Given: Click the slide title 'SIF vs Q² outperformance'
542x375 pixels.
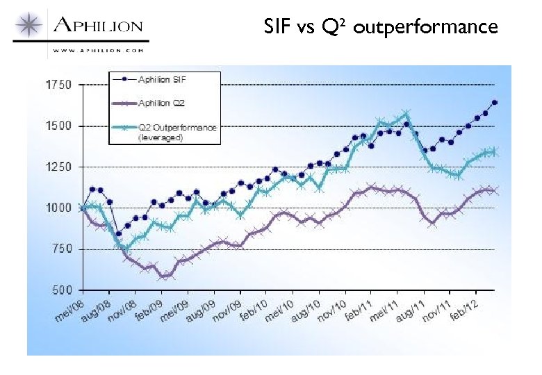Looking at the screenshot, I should tap(381, 26).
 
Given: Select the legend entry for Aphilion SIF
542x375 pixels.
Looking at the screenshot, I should tap(166, 79).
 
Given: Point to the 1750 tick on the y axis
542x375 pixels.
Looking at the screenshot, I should tap(58, 85).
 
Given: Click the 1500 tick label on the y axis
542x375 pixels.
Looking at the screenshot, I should tap(58, 126).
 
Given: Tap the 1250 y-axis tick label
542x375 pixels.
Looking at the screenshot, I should tap(58, 167).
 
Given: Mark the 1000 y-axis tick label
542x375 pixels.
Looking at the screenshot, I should tap(58, 208).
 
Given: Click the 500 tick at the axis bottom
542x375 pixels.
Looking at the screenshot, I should tap(61, 290).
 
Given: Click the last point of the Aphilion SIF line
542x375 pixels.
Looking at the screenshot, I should tap(495, 102).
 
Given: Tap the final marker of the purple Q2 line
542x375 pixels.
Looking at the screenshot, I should tap(495, 190).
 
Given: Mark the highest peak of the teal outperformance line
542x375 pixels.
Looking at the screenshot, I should tap(406, 113).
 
